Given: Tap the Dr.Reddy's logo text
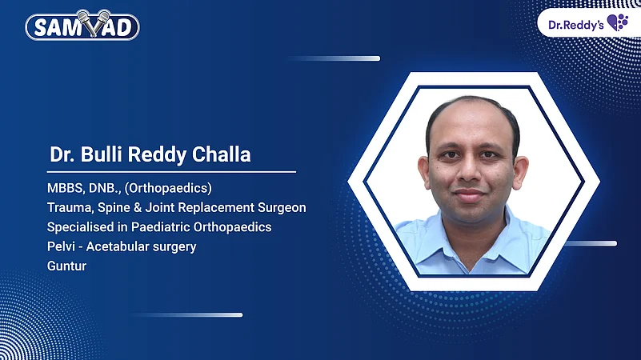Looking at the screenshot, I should click(575, 23).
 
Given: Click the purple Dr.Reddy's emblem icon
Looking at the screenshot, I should click(618, 22).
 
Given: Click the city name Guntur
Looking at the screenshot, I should click(66, 266).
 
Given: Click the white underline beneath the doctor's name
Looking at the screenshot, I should click(171, 171).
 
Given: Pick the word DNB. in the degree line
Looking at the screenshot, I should click(102, 188).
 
